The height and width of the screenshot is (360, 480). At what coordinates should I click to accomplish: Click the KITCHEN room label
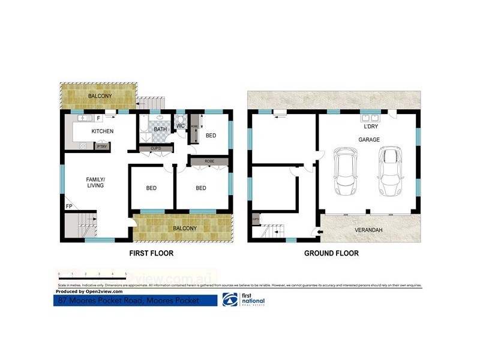coord(102,131)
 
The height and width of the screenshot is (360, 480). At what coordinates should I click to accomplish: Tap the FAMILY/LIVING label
coord(95,182)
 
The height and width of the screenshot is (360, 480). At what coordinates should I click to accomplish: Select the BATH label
coord(160,129)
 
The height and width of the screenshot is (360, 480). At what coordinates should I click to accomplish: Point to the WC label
coord(180,125)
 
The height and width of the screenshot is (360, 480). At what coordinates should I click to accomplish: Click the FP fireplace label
coord(68,208)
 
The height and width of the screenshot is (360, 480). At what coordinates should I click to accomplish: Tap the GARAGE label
coord(370,139)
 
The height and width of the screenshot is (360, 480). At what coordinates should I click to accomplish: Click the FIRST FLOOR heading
coord(151,253)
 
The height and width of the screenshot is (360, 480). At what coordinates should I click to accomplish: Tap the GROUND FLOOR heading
coord(331,253)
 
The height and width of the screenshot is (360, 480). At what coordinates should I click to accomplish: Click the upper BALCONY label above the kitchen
coord(100,96)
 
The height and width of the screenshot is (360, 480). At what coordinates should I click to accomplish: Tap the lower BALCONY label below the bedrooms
coord(184,229)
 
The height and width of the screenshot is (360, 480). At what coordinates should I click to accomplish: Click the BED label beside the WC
coord(211,136)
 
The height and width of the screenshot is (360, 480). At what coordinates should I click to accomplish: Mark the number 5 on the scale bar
coord(125,274)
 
